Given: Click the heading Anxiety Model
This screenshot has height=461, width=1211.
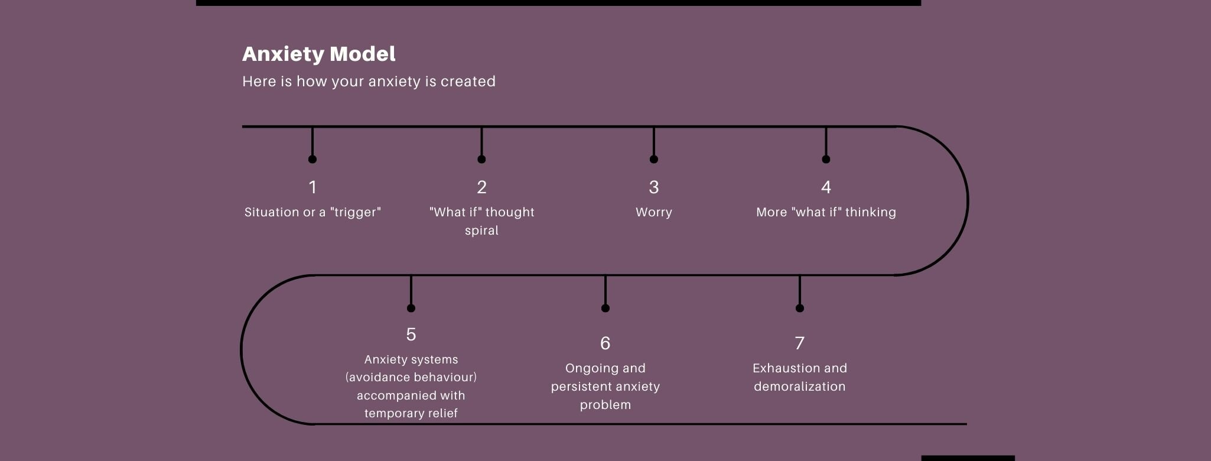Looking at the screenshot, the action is click(x=318, y=54).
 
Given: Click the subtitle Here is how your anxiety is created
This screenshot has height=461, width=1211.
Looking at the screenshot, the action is click(x=369, y=82).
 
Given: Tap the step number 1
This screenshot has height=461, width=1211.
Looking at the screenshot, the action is click(x=312, y=187).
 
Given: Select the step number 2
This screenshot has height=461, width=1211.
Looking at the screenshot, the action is click(x=481, y=187).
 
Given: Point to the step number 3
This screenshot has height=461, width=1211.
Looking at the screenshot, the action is click(x=653, y=187).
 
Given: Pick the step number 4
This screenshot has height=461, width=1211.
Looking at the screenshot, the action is click(x=826, y=187).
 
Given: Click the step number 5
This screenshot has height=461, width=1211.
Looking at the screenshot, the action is click(x=411, y=335).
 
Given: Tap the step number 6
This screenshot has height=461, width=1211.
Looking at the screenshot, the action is click(x=605, y=343).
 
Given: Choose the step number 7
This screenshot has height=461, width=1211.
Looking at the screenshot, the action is click(x=799, y=343).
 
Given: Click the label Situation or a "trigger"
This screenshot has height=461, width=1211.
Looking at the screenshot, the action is click(x=312, y=212).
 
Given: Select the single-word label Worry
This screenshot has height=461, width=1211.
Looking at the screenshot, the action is click(x=653, y=213).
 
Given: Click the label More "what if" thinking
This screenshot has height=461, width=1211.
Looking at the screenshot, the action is click(x=826, y=212).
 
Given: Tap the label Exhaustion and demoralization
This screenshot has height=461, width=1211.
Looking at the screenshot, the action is click(x=799, y=377).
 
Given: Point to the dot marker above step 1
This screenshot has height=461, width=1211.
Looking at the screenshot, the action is click(x=312, y=159).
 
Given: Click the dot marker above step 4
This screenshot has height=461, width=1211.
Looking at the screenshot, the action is click(x=826, y=159).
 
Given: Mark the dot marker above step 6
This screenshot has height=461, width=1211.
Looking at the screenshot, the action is click(x=605, y=308).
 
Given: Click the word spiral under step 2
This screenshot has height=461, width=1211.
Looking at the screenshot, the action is click(x=481, y=231).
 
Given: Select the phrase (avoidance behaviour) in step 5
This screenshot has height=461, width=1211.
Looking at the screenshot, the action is click(x=411, y=377).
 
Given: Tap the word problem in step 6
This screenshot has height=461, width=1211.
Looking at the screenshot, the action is click(x=605, y=405).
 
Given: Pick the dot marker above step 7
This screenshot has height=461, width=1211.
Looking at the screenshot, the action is click(x=799, y=308).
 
